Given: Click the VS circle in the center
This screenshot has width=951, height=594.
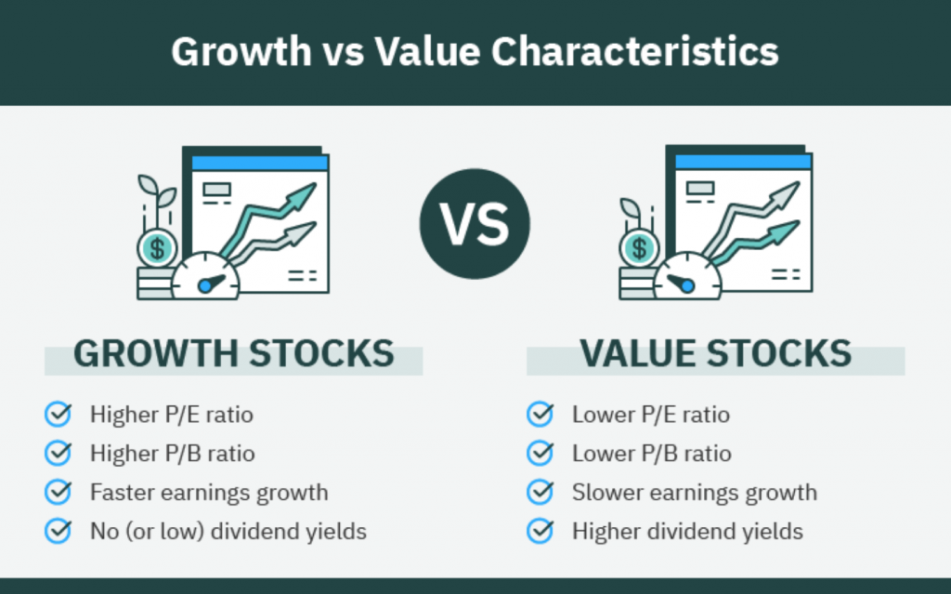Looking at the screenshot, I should pos(475,226).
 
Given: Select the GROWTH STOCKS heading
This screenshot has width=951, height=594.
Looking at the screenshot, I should pos(233,354).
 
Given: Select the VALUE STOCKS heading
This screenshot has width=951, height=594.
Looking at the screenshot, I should pos(715,354).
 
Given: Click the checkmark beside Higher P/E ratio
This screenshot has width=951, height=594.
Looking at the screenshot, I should pos(59,414).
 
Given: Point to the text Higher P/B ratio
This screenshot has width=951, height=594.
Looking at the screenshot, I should pos(172,453).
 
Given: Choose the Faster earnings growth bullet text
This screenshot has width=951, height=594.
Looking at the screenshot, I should pos(209,492).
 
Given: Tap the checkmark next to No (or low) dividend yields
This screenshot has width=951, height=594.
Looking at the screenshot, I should pos(59,531).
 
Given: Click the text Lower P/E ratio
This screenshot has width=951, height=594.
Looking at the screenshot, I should pos(651,414).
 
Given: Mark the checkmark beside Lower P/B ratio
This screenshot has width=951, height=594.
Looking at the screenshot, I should pos(540,453).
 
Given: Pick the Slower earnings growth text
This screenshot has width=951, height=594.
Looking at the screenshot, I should pos(695,492).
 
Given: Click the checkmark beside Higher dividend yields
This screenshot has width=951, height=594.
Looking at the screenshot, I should pos(540,531).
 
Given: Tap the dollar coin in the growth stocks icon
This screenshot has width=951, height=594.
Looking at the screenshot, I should pos(157,248).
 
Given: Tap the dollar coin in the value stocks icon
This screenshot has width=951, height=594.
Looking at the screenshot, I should pos(639,247).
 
